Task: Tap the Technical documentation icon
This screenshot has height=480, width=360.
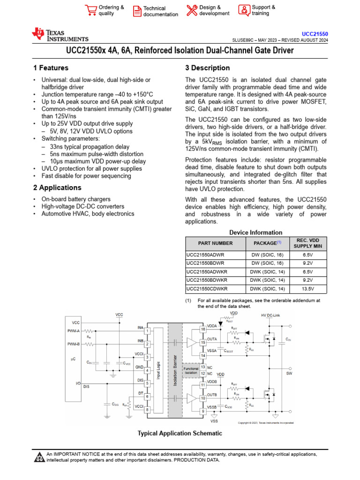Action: [137, 11]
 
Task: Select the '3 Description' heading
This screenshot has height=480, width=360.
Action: [208, 68]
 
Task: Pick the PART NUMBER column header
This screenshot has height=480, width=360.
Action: [215, 243]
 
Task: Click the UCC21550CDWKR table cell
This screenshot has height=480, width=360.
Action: [207, 289]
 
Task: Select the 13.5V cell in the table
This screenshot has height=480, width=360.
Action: [307, 289]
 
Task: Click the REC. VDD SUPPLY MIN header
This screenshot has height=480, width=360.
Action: [307, 243]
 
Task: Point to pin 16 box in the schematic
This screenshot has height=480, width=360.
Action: [203, 330]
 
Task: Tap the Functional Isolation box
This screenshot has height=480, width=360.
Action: [191, 370]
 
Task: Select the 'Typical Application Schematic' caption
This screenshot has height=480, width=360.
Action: [180, 433]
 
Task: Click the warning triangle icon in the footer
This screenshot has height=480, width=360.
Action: [39, 457]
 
